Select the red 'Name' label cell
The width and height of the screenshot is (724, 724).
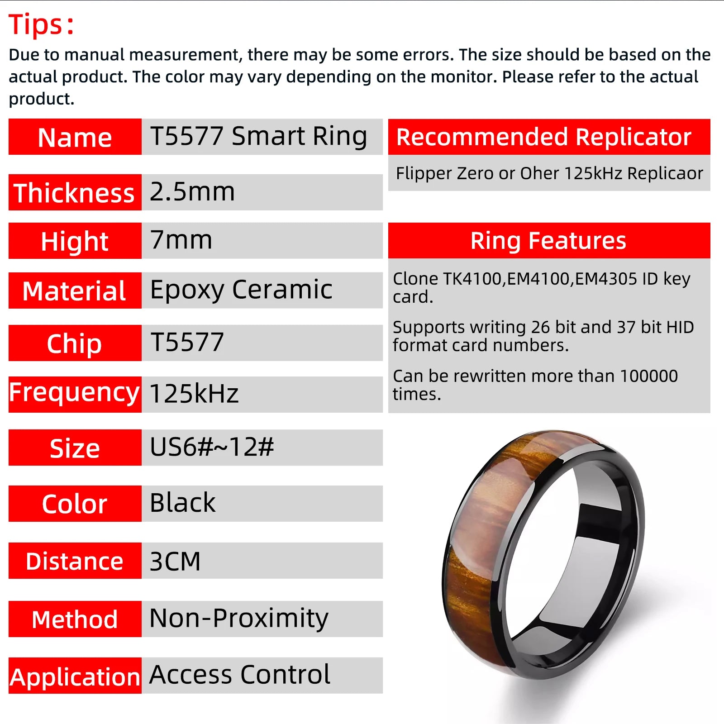point(75,137)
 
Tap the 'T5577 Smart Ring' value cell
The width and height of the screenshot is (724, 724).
point(258,136)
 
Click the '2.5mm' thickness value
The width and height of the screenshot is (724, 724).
point(192,191)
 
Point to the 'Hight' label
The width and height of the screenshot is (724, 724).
point(75,241)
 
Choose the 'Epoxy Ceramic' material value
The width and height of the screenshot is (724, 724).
point(241,290)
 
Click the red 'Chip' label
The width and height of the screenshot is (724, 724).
point(75,343)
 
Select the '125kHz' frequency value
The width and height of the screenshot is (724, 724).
point(194,394)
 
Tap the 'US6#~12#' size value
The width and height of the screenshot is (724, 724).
point(212,447)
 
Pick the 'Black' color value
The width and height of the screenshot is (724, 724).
point(183,503)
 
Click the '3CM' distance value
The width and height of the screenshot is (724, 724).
point(175,561)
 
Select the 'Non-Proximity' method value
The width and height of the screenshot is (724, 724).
point(239,618)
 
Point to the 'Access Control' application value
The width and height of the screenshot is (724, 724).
point(240,675)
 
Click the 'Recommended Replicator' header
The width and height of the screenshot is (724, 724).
point(543,137)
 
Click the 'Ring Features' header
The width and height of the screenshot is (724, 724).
point(548,241)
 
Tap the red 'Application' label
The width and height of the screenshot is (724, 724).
point(75,677)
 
